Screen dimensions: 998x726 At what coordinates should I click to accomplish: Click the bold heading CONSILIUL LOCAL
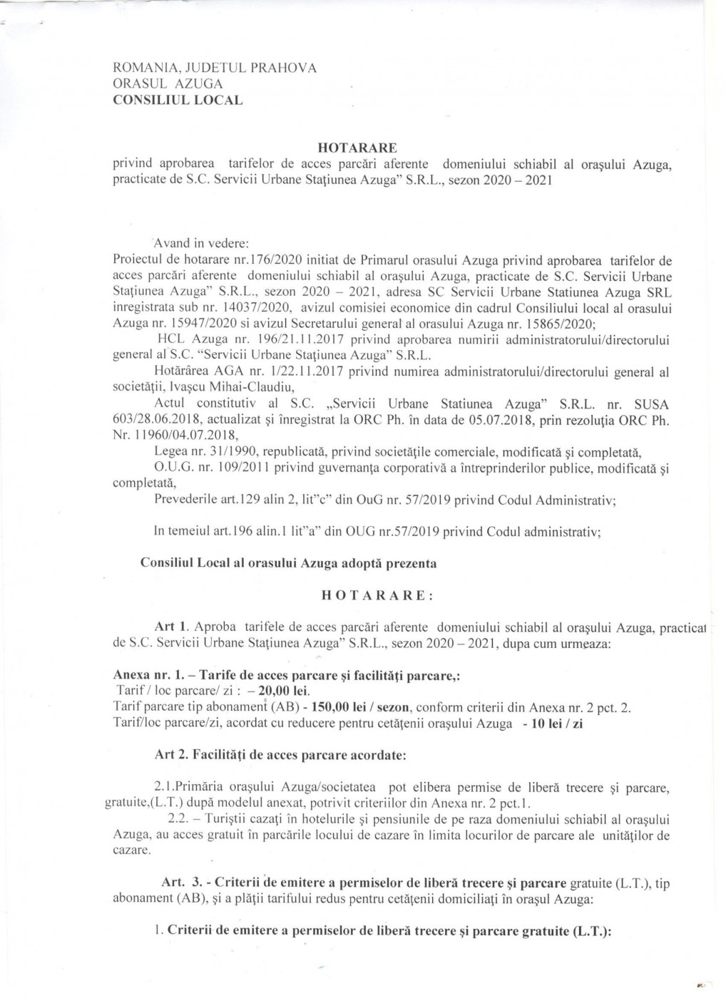pyautogui.click(x=178, y=100)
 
